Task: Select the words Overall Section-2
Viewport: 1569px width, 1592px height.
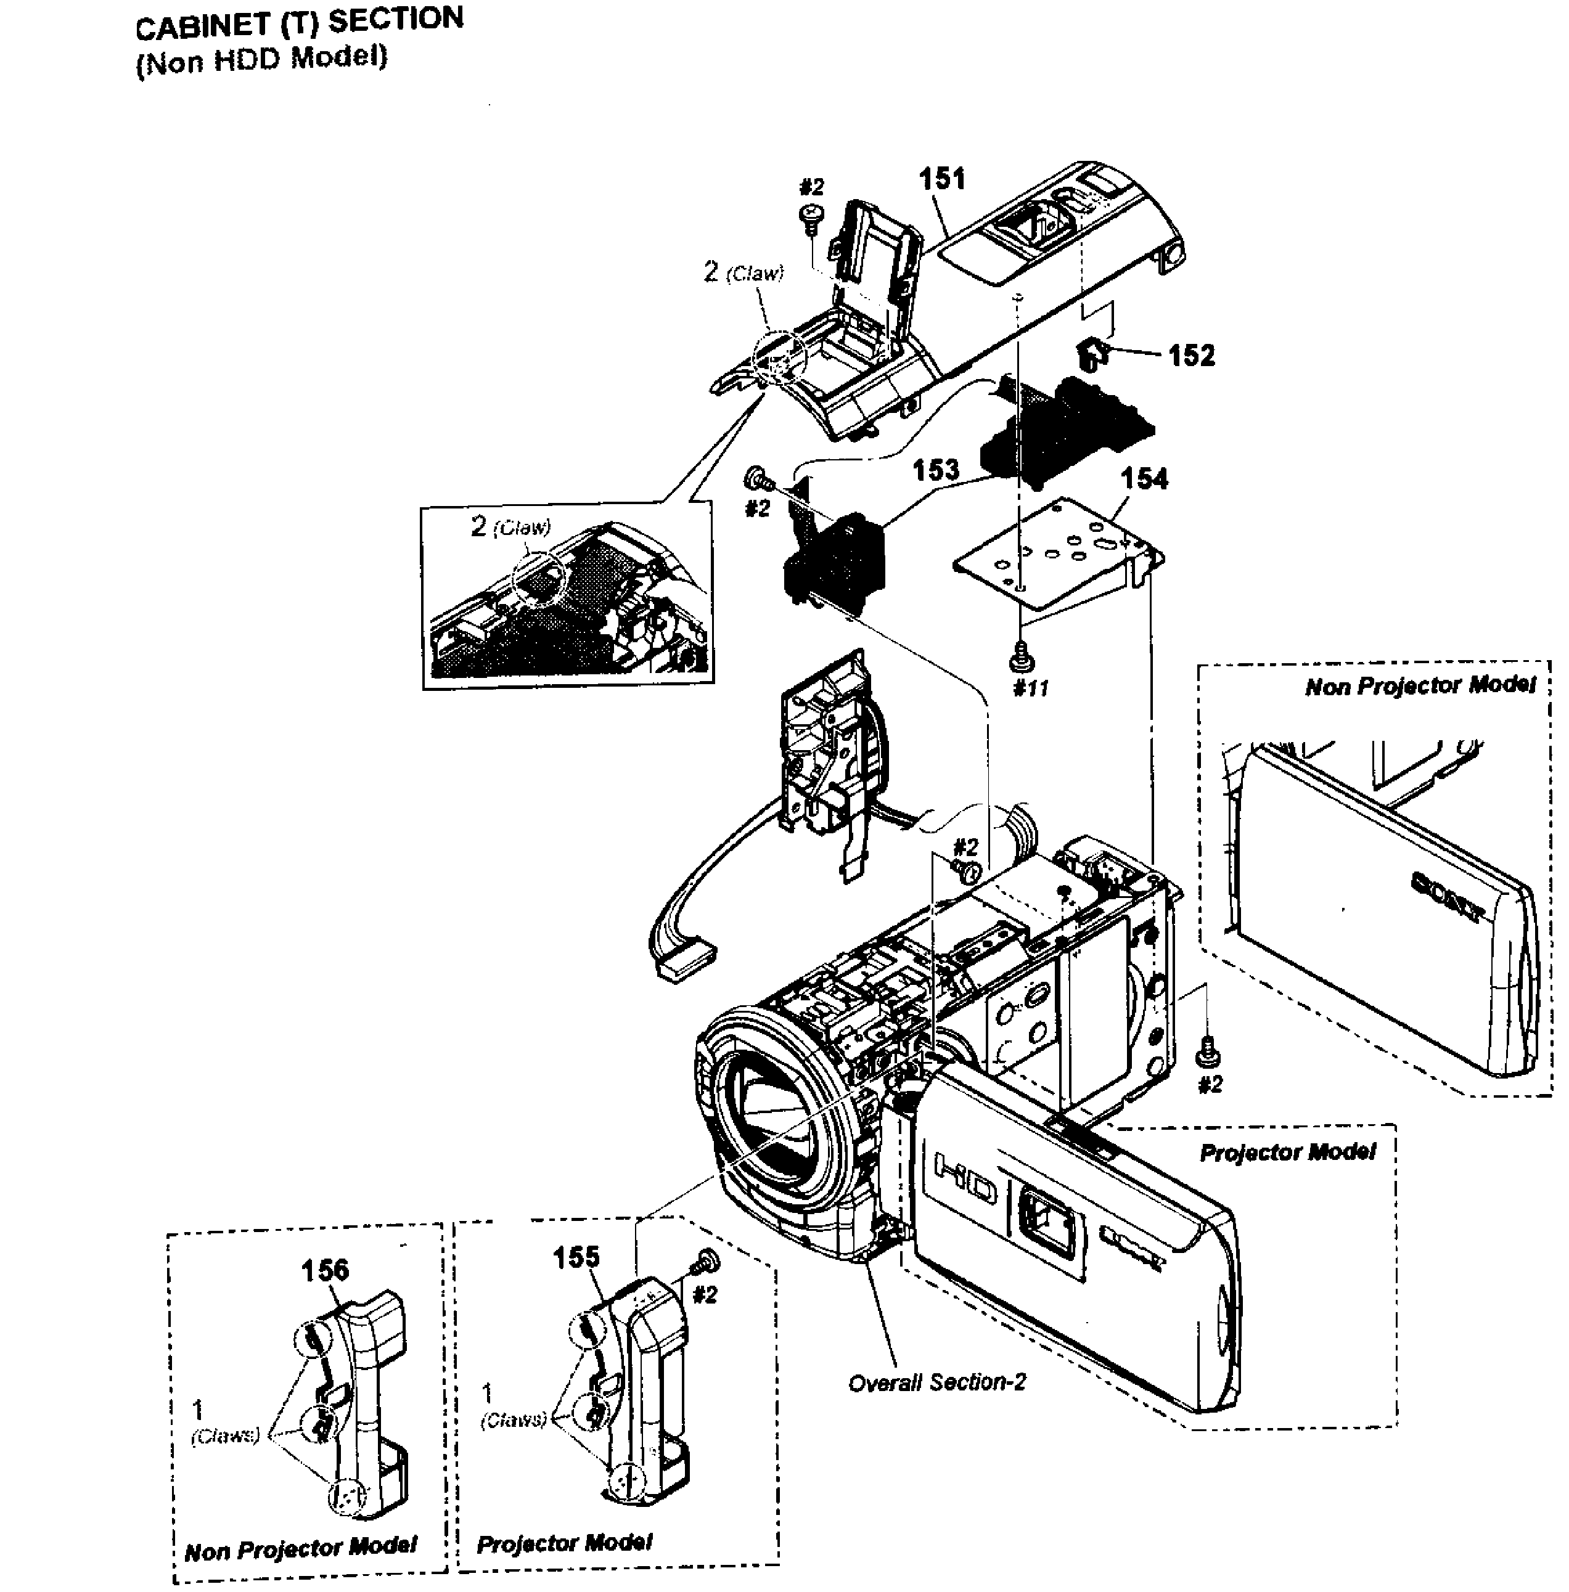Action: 937,1382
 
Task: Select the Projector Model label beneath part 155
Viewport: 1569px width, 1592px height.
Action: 565,1543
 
